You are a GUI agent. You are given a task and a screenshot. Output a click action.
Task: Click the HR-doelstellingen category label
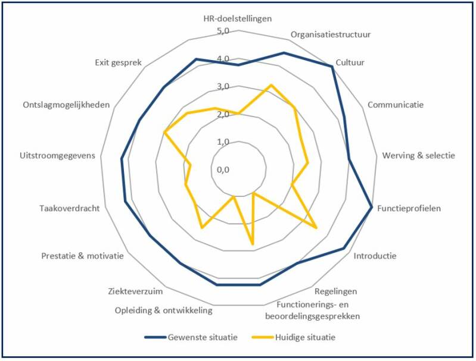click(x=237, y=18)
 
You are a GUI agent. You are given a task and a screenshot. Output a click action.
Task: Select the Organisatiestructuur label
click(x=331, y=34)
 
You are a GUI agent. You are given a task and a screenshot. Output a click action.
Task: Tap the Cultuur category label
click(x=350, y=62)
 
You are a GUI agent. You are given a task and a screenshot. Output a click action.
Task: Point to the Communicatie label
click(x=395, y=105)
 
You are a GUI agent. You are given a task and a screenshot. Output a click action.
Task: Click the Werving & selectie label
click(x=418, y=156)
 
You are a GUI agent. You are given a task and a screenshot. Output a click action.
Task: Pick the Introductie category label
click(x=375, y=256)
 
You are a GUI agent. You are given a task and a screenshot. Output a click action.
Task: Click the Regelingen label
click(x=335, y=291)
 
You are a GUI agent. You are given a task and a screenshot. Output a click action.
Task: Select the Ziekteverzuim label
click(x=136, y=291)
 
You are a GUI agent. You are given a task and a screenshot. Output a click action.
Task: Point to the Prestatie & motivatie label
click(x=83, y=256)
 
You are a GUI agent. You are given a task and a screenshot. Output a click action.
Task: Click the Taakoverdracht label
click(x=69, y=208)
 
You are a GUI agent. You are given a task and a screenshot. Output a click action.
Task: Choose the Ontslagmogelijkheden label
click(x=66, y=105)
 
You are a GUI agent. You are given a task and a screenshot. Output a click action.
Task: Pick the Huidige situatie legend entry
click(x=305, y=338)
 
